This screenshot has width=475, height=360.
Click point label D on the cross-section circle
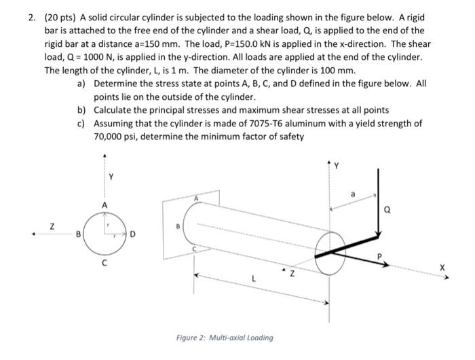(133, 236)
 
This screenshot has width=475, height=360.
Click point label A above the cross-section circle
(104, 204)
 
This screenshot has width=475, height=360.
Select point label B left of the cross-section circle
(79, 236)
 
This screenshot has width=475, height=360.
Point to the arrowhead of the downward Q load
(378, 243)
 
